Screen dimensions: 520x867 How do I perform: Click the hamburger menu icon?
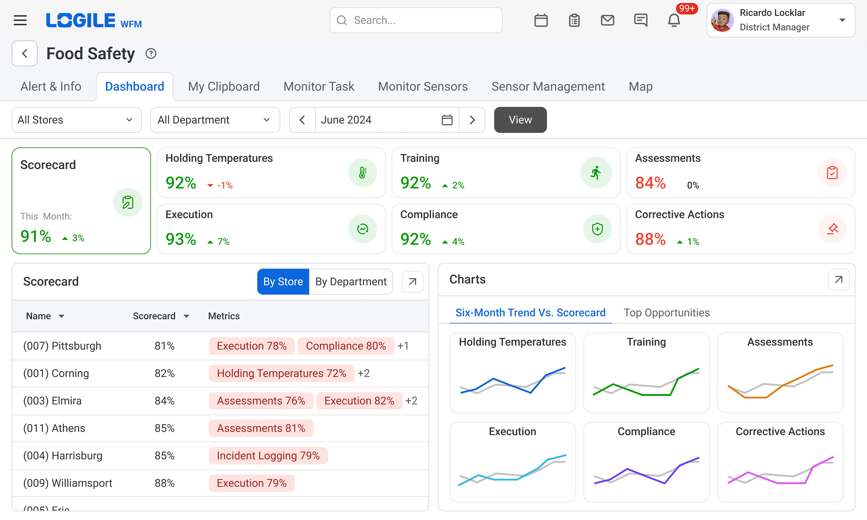[x=20, y=20]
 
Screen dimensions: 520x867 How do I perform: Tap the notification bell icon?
[x=674, y=20]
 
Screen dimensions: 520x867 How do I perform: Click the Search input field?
[x=416, y=20]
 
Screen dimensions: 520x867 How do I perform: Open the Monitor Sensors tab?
[x=423, y=86]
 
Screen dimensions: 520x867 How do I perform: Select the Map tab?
[x=640, y=86]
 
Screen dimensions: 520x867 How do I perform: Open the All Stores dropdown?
[x=76, y=120]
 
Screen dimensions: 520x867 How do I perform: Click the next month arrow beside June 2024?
[x=472, y=120]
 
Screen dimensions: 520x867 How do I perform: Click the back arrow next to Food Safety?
[x=25, y=54]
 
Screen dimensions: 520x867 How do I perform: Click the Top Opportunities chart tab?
[x=666, y=313]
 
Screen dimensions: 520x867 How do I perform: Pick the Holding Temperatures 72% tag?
[x=281, y=373]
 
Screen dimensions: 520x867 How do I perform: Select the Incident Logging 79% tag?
[x=268, y=455]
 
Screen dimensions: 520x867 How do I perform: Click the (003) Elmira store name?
[x=53, y=401]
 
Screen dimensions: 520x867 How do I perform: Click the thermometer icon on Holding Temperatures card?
[x=362, y=173]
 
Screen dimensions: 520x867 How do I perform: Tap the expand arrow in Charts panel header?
[x=838, y=280]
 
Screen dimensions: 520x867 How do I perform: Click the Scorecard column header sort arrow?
[x=186, y=316]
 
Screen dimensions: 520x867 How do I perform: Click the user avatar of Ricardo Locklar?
[x=722, y=20]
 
